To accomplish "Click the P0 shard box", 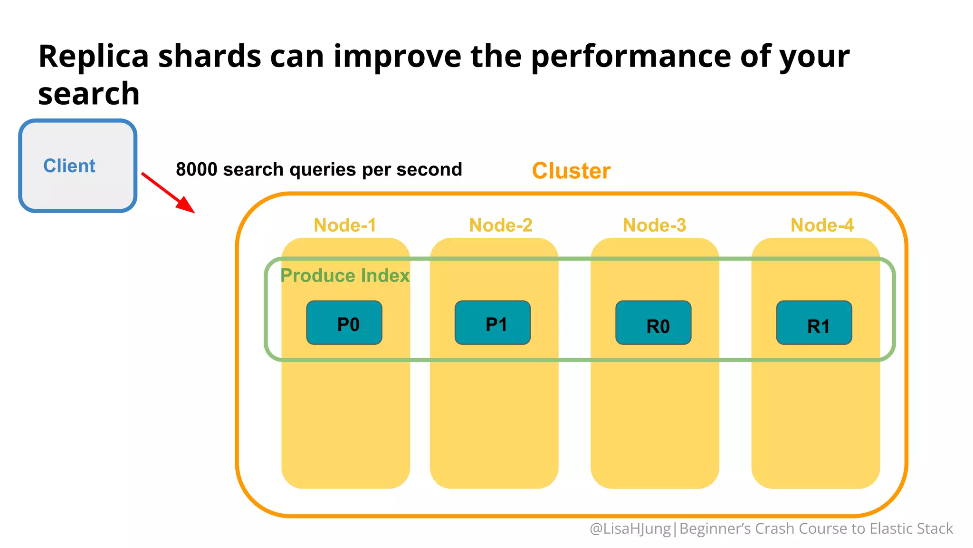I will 344,323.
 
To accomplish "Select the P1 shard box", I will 492,323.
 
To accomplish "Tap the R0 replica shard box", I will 653,323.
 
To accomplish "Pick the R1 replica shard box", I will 814,323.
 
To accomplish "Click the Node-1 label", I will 345,225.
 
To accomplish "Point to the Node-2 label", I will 501,225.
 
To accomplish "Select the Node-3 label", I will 654,225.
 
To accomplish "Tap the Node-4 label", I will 822,225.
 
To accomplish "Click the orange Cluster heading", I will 571,171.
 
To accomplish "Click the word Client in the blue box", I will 69,166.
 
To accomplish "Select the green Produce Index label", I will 344,275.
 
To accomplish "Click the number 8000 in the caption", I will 196,169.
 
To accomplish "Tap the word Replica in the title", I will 94,56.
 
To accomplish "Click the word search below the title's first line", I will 89,94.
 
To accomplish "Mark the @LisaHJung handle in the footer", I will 630,528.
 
